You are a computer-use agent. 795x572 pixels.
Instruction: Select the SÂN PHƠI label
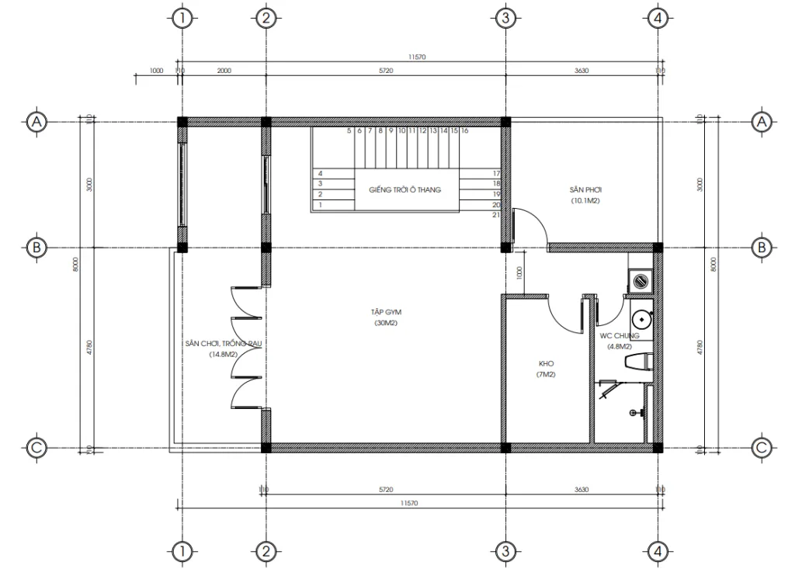point(585,189)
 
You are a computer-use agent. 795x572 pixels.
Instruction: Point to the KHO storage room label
point(546,363)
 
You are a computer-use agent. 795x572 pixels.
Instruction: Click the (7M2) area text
point(546,375)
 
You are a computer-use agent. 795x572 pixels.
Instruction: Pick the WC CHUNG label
point(619,336)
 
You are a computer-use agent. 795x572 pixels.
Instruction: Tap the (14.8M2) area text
point(222,354)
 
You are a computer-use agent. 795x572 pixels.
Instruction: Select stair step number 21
point(495,215)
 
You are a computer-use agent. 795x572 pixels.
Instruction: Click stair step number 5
point(349,132)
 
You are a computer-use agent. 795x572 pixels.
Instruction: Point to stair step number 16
point(464,132)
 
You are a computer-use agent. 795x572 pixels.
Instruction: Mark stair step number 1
point(319,205)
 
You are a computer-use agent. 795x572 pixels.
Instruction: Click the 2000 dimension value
point(224,71)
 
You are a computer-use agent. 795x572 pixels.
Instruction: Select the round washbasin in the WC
point(641,318)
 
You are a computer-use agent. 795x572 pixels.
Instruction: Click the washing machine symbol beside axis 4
point(641,279)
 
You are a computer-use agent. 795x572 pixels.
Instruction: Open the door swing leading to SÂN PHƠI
point(532,227)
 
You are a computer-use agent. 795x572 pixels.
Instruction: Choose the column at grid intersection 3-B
point(505,248)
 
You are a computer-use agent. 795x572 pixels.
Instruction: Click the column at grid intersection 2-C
point(266,448)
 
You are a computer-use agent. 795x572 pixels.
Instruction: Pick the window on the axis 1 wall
point(182,184)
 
